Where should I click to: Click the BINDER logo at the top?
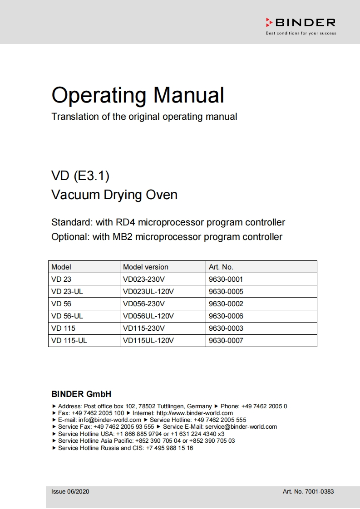[x=301, y=23]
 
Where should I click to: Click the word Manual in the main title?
[x=188, y=95]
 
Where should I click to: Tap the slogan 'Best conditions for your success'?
[x=301, y=33]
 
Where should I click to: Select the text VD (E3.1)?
[x=80, y=175]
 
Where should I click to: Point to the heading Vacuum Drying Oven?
[x=114, y=195]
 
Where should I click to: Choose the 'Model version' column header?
[x=146, y=267]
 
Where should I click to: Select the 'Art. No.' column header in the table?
[x=221, y=267]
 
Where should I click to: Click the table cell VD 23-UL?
[x=67, y=292]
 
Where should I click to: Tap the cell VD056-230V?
[x=144, y=304]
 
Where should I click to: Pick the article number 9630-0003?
[x=226, y=328]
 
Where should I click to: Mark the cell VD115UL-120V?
[x=148, y=341]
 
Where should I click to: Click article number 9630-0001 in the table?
[x=226, y=279]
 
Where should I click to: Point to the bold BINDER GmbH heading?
[x=81, y=394]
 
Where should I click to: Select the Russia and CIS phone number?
[x=169, y=448]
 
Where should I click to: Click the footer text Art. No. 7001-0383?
[x=308, y=491]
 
